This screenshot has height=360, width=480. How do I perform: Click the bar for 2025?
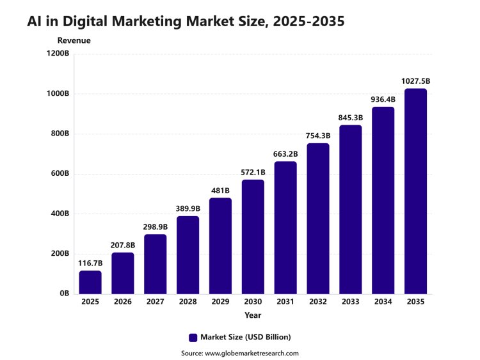[x=90, y=283]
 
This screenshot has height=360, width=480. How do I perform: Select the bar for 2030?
[x=253, y=237]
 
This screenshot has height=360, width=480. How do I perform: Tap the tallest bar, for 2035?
[x=415, y=191]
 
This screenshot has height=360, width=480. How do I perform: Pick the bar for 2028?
[x=188, y=255]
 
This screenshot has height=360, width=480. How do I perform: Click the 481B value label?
[x=220, y=191]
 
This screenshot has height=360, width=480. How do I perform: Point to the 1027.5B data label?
[x=416, y=81]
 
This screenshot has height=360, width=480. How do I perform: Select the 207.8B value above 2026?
[x=123, y=245]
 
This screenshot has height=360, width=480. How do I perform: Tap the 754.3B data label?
[x=318, y=136]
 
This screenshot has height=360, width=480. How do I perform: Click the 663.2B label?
[x=285, y=154]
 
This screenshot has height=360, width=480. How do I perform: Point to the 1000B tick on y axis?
[x=58, y=93]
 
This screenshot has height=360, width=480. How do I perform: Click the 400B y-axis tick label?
[x=60, y=214]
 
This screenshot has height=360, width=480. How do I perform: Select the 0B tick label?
[x=65, y=293]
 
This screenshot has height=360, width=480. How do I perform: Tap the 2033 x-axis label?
[x=351, y=302]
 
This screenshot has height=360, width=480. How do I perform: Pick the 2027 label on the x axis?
[x=156, y=302]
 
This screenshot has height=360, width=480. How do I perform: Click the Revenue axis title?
[x=74, y=40]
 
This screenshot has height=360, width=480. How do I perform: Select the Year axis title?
[x=253, y=315]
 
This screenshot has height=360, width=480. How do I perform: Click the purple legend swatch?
[x=193, y=338]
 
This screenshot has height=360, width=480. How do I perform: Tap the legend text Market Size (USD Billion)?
[x=246, y=337]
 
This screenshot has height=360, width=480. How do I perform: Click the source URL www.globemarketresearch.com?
[x=252, y=353]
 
